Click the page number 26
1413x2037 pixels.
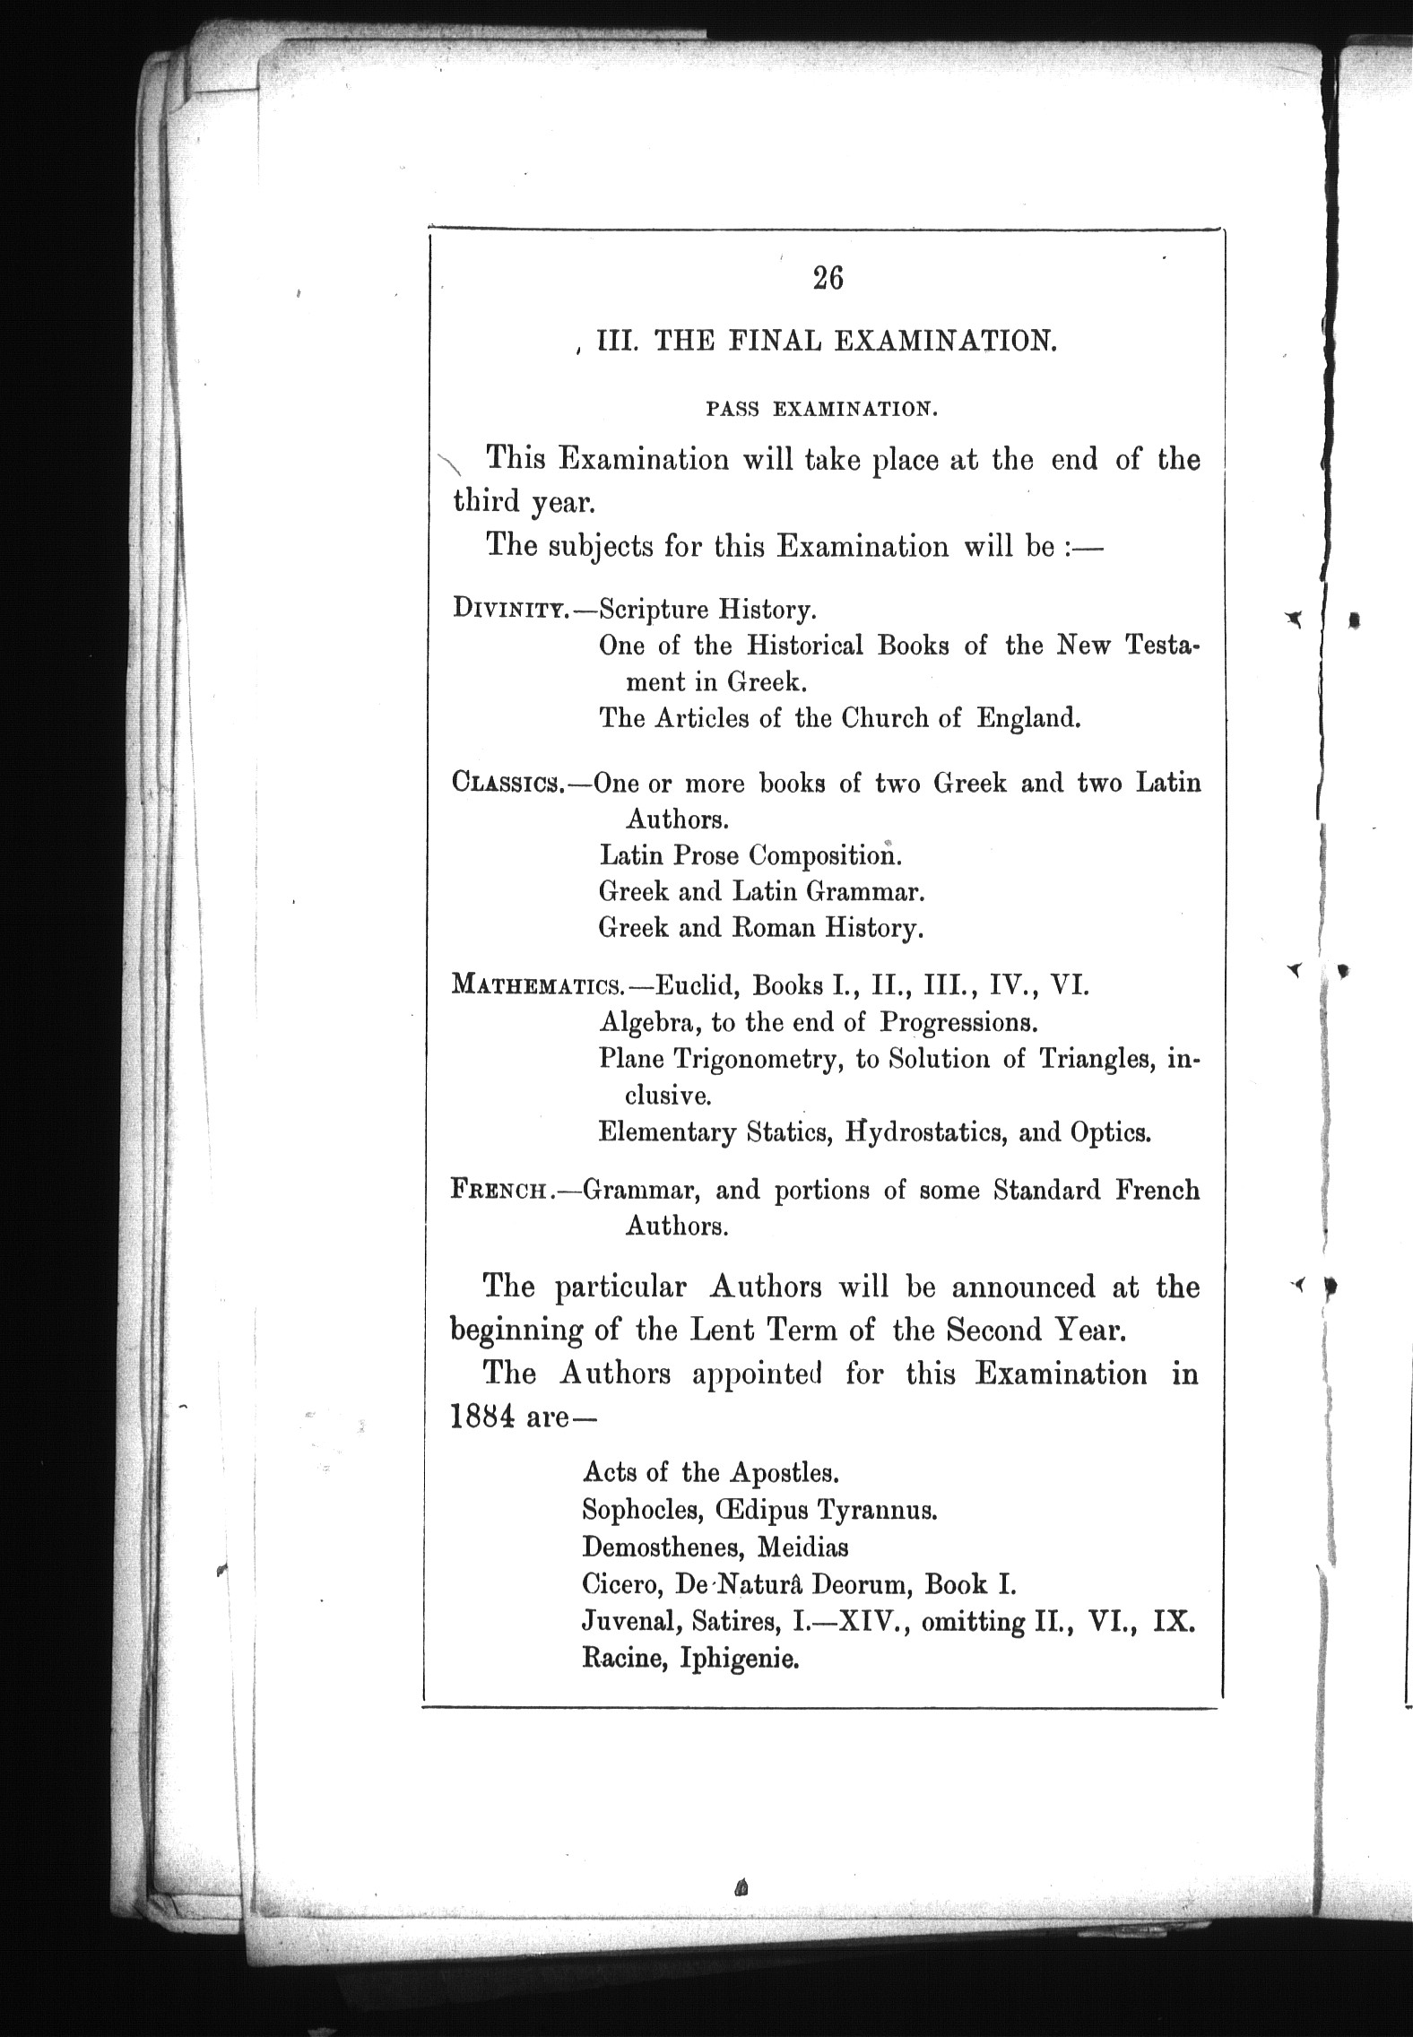[x=828, y=279]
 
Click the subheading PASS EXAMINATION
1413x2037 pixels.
[x=822, y=410]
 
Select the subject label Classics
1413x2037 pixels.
[x=507, y=783]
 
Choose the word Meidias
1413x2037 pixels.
[x=802, y=1547]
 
